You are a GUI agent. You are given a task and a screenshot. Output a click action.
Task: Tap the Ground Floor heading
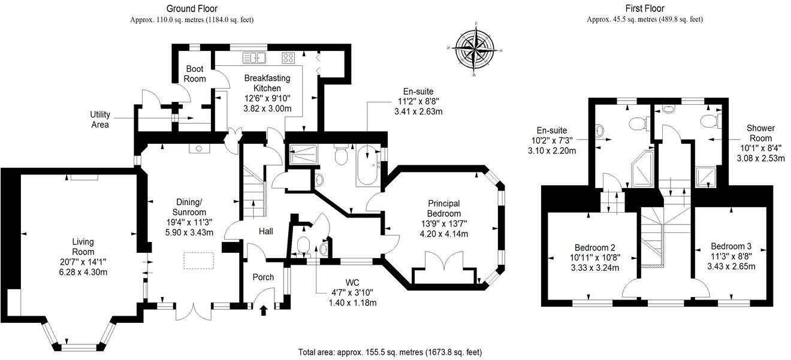click(192, 8)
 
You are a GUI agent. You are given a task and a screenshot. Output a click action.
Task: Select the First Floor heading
click(644, 8)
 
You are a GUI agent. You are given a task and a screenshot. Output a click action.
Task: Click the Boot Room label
click(195, 74)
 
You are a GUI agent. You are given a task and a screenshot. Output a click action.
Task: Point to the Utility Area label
click(100, 120)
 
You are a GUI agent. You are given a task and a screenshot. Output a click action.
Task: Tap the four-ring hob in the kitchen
click(288, 58)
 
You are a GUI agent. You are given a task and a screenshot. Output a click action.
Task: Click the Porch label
click(263, 277)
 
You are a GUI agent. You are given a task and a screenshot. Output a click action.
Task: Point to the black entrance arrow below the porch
click(264, 310)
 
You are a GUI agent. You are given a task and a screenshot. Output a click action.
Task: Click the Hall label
click(266, 231)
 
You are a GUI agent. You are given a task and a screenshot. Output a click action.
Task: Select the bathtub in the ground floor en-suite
click(366, 166)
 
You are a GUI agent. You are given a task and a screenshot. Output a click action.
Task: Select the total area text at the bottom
click(390, 352)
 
